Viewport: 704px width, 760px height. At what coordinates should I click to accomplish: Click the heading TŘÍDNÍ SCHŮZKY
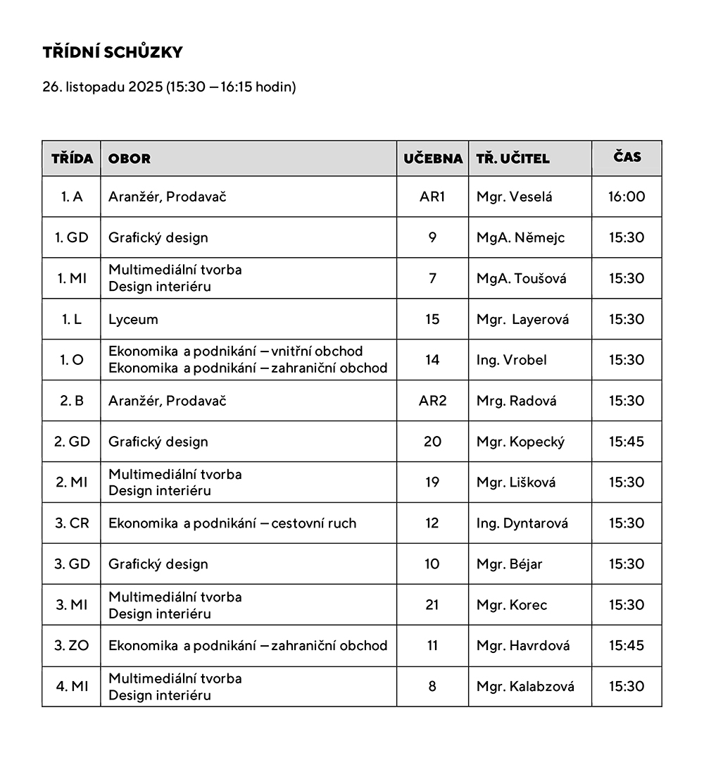(113, 53)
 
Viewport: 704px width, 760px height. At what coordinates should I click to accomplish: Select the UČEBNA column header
(433, 158)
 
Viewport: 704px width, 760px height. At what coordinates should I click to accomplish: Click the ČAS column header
(627, 157)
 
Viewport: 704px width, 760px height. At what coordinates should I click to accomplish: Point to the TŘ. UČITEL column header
(513, 158)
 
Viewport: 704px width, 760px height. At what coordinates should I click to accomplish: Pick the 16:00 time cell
(627, 197)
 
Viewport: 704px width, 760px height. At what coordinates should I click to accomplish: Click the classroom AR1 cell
(432, 197)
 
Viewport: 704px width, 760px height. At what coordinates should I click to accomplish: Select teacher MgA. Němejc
(520, 237)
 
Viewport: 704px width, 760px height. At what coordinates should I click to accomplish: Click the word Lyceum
(133, 319)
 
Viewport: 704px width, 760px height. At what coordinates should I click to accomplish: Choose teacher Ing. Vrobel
(511, 360)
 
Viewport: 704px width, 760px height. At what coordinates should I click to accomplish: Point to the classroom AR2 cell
(432, 401)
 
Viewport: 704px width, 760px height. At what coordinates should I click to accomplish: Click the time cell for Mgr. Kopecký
(627, 442)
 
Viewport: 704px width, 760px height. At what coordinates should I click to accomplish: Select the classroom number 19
(432, 482)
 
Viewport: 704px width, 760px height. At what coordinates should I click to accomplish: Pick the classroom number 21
(432, 605)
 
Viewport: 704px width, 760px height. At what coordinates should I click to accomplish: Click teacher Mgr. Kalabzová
(525, 687)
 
